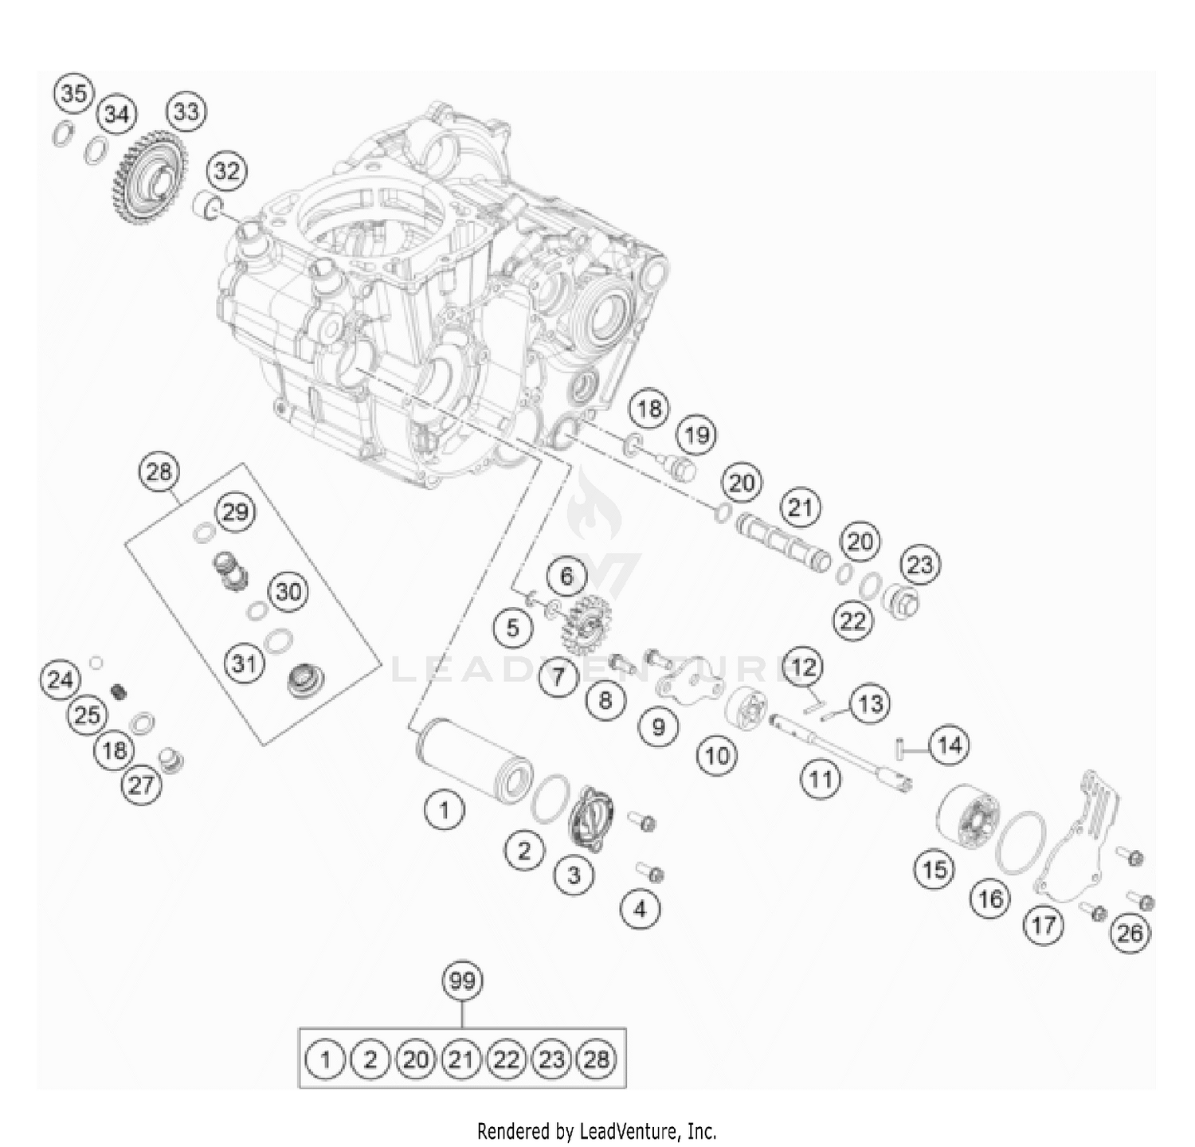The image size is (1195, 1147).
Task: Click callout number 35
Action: [x=73, y=94]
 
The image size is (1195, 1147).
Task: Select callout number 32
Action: [x=226, y=170]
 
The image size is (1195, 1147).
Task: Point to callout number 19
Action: [x=696, y=436]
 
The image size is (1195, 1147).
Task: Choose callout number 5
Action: [x=512, y=628]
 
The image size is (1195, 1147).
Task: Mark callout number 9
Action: [x=658, y=726]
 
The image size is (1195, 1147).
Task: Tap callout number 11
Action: [x=821, y=778]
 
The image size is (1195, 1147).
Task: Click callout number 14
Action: [x=949, y=746]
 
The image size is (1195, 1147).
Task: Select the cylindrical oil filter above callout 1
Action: [x=471, y=758]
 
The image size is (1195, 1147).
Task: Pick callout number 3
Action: [x=574, y=875]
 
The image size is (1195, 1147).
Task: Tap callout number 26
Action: [x=1130, y=932]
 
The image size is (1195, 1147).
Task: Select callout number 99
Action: [x=462, y=981]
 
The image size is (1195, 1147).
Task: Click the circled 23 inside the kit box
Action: [x=551, y=1059]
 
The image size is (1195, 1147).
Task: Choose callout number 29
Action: [x=235, y=511]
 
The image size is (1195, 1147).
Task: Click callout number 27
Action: [x=141, y=785]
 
